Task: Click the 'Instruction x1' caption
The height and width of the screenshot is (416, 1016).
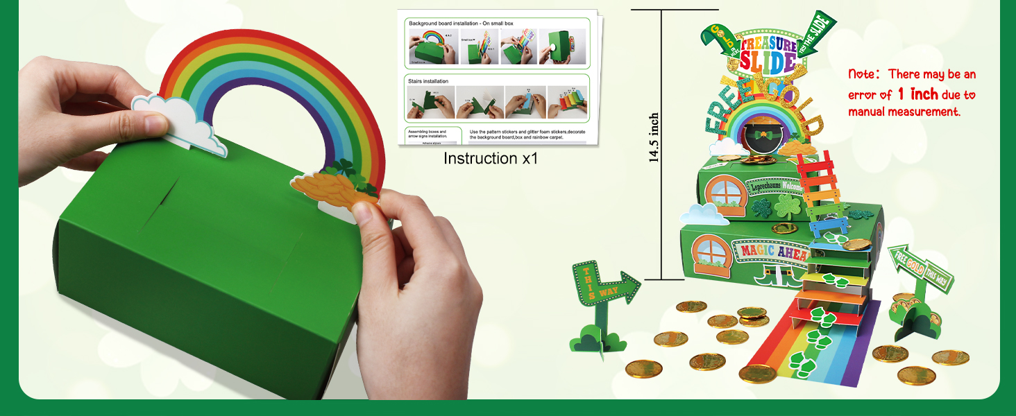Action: click(x=491, y=158)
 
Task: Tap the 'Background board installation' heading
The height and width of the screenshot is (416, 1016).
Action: click(x=462, y=23)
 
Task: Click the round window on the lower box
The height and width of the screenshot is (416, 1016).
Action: click(x=710, y=253)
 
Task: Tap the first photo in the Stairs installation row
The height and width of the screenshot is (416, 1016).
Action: click(x=430, y=102)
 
